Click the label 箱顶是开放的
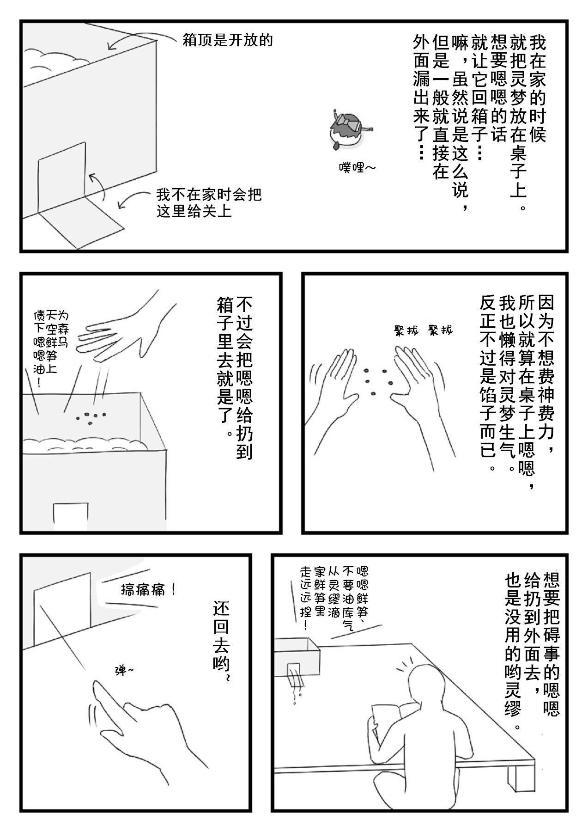(x=227, y=41)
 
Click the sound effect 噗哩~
(x=357, y=167)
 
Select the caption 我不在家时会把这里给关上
(x=208, y=202)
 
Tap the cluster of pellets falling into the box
(x=91, y=418)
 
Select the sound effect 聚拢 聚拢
(x=423, y=330)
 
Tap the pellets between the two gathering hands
(x=377, y=381)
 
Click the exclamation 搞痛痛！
(x=148, y=590)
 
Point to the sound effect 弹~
(x=124, y=670)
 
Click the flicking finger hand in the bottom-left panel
(x=139, y=726)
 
